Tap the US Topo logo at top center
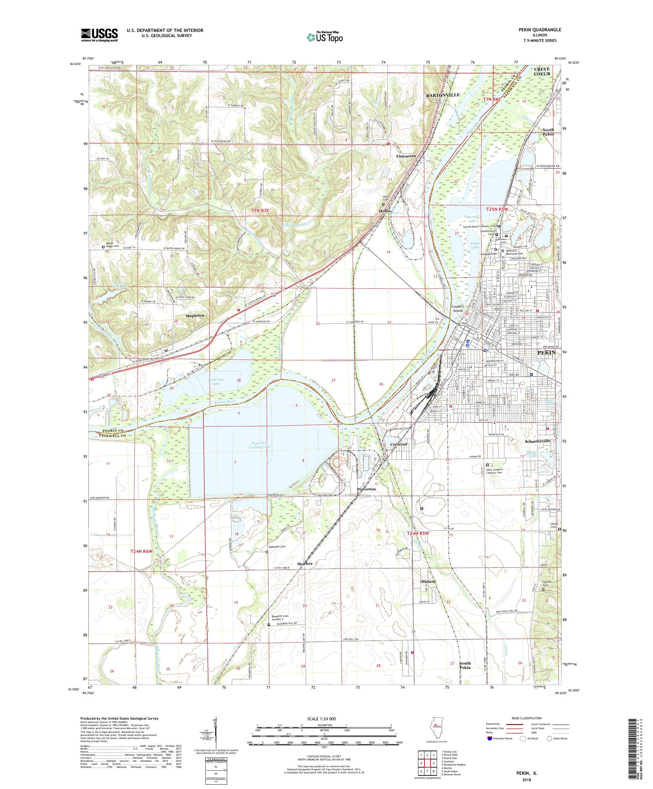coord(324,37)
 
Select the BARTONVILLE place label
coord(442,95)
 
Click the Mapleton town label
coord(195,316)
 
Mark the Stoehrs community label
coord(305,574)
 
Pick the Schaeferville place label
coord(538,441)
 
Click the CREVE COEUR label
coord(542,71)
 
